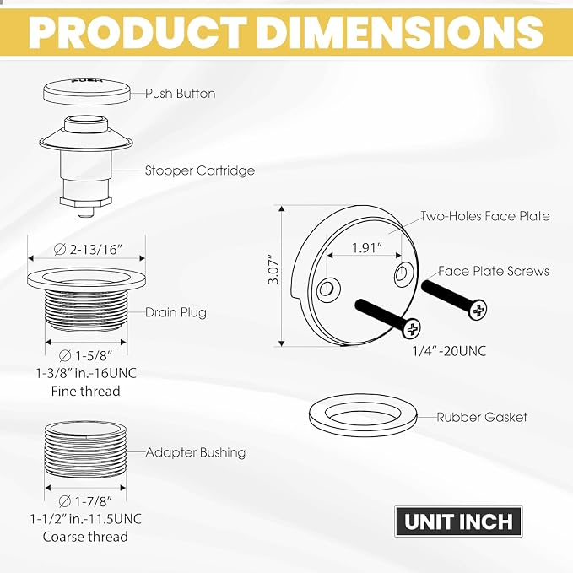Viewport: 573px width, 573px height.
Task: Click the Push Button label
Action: (180, 94)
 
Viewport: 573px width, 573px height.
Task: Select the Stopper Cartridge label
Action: (200, 170)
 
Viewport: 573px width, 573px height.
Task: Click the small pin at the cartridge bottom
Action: (86, 212)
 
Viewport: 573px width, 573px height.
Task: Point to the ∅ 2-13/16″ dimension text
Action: (87, 250)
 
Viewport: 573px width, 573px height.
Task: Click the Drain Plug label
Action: (176, 312)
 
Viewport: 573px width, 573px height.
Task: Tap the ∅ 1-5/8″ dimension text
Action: (85, 355)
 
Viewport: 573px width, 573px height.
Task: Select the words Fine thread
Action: (85, 392)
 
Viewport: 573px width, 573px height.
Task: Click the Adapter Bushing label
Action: (196, 453)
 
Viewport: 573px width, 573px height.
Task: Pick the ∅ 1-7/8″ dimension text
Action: (85, 501)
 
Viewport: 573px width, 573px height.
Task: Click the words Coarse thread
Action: (85, 537)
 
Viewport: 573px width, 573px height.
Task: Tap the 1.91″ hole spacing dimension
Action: (366, 248)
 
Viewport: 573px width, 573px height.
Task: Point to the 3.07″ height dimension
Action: (273, 269)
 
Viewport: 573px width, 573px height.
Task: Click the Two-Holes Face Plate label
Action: (485, 216)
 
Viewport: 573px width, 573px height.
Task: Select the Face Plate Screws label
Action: (494, 271)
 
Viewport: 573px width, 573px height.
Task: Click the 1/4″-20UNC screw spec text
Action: (449, 351)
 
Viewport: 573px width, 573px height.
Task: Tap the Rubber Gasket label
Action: (482, 418)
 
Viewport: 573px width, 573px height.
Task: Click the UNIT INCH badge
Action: (458, 522)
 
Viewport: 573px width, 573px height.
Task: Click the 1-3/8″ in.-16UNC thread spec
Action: (86, 374)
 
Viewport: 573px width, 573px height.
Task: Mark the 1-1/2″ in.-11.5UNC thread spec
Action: (85, 519)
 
